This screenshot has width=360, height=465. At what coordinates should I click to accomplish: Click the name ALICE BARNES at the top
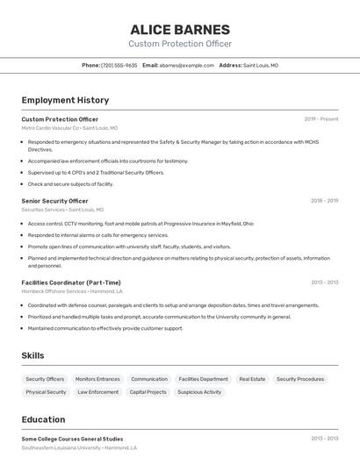click(180, 29)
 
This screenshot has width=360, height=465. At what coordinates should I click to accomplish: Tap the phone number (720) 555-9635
click(119, 65)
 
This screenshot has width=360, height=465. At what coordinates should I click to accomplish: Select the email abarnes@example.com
click(186, 65)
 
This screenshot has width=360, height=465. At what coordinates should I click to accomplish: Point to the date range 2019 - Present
click(320, 119)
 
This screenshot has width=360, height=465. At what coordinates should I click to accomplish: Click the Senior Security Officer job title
click(54, 201)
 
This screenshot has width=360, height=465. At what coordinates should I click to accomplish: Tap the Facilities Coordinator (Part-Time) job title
click(71, 283)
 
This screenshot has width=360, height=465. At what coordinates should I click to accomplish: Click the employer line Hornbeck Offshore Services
click(72, 291)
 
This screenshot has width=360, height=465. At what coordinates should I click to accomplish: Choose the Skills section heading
click(33, 355)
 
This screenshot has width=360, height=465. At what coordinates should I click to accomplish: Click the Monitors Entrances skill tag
click(97, 379)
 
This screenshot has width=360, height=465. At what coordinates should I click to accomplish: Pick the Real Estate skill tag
click(252, 379)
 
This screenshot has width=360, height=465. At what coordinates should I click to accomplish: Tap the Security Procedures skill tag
click(300, 379)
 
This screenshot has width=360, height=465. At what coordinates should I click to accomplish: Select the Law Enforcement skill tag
click(97, 392)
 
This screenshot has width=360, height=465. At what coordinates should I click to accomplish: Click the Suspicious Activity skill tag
click(199, 392)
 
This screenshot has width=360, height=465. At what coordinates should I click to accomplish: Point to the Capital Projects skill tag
click(148, 392)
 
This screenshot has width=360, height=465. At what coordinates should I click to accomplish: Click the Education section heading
click(43, 419)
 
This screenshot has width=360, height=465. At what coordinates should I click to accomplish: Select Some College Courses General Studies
click(72, 439)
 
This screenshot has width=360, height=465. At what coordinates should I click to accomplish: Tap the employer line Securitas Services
click(62, 210)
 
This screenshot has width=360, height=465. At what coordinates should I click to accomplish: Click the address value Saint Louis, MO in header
click(261, 65)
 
